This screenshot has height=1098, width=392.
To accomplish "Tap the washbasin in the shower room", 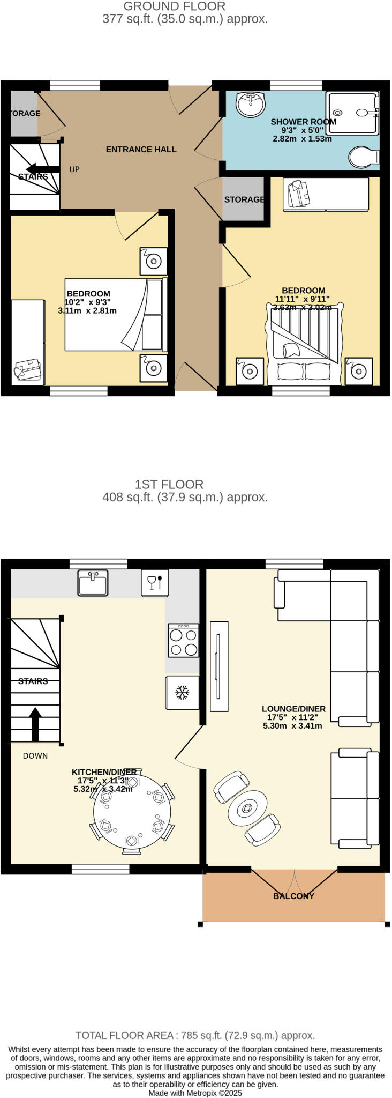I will (251, 104).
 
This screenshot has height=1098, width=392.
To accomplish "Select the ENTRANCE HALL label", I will (141, 150).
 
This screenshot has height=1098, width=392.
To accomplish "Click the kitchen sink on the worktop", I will (93, 583).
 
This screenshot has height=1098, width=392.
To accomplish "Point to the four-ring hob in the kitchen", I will (183, 641).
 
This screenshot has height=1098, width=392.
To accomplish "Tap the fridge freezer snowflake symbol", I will (183, 693).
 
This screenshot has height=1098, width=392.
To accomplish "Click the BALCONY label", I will (293, 896).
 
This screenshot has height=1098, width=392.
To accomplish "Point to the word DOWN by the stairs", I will (35, 756).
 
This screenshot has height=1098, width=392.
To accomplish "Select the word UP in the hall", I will (74, 169).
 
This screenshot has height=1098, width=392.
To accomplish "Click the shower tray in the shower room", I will (353, 113).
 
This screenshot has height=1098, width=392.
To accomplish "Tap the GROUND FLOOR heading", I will (175, 6).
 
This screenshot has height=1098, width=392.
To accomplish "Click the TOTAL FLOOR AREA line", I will (195, 1035).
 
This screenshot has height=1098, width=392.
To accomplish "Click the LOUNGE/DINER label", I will (293, 709).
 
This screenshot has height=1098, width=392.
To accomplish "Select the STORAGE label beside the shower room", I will (244, 199).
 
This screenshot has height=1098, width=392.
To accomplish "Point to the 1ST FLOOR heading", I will (169, 485).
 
